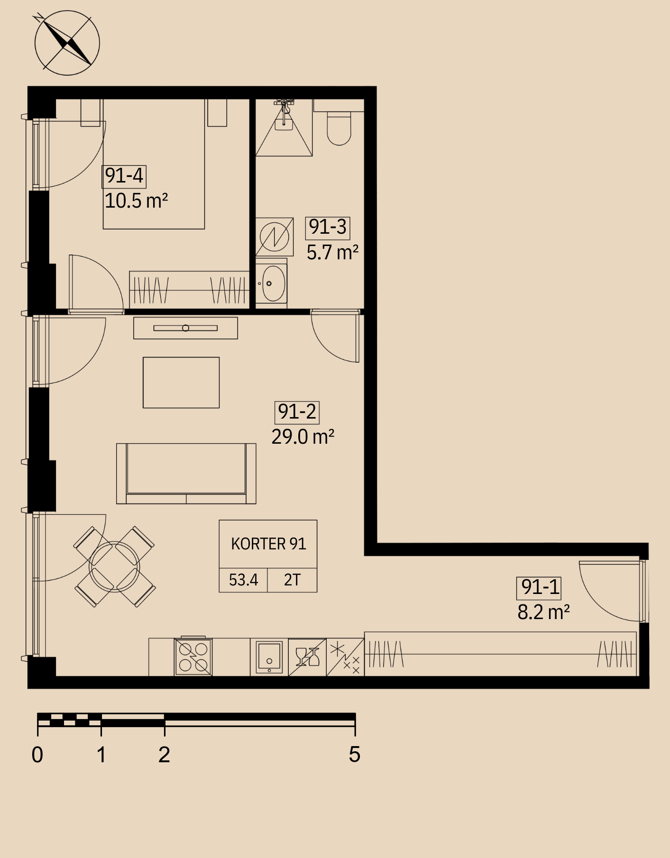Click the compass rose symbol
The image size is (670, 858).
pos(67,43)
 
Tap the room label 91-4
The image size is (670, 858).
pos(124,176)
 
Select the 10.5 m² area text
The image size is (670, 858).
pos(137,201)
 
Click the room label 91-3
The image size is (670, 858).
pos(328,227)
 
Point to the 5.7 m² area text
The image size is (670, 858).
pos(332,252)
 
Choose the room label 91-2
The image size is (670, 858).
pos(297,412)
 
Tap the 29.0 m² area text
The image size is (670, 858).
pos(303,437)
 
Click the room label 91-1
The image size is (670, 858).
pos(539,587)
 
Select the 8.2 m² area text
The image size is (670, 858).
pos(543,612)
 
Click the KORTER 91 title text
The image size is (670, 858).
pos(268,544)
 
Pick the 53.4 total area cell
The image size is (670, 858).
pos(243,580)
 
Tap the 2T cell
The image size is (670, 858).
pos(292,580)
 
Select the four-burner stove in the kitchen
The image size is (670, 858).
pos(193,657)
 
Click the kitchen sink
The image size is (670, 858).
pos(269,657)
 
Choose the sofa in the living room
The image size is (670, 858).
pos(186,474)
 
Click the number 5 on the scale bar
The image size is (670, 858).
pos(355,754)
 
